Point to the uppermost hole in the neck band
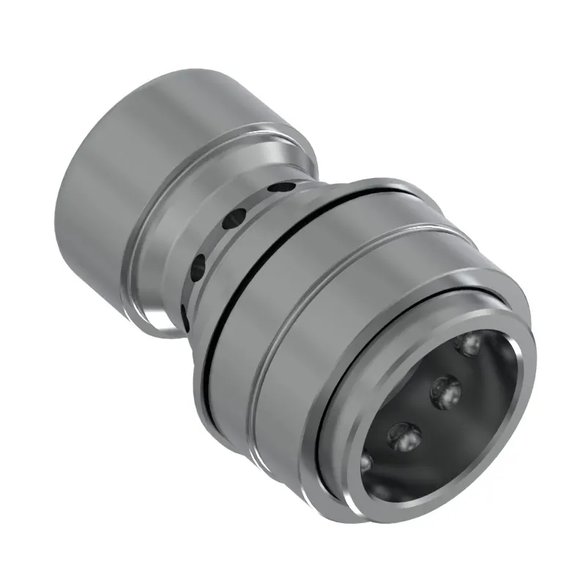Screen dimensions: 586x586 pyautogui.click(x=277, y=187)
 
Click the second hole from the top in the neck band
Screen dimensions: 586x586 pyautogui.click(x=237, y=218)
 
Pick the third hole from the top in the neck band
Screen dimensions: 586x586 pyautogui.click(x=198, y=269)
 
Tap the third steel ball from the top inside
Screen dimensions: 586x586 pyautogui.click(x=403, y=438)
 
